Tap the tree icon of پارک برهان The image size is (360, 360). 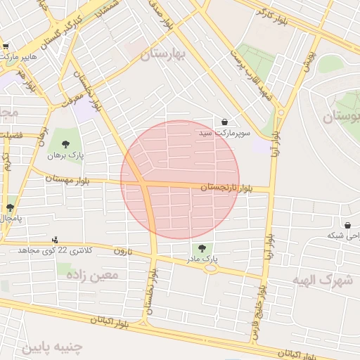[65, 144]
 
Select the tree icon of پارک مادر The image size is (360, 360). [202, 248]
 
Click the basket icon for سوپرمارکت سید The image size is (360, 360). [224, 122]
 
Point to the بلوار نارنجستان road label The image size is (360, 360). [226, 188]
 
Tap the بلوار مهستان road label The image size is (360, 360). [70, 179]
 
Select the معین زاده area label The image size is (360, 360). [92, 275]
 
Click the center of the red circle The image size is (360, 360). [180, 180]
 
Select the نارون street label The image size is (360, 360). [122, 251]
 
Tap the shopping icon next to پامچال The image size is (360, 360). [10, 207]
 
